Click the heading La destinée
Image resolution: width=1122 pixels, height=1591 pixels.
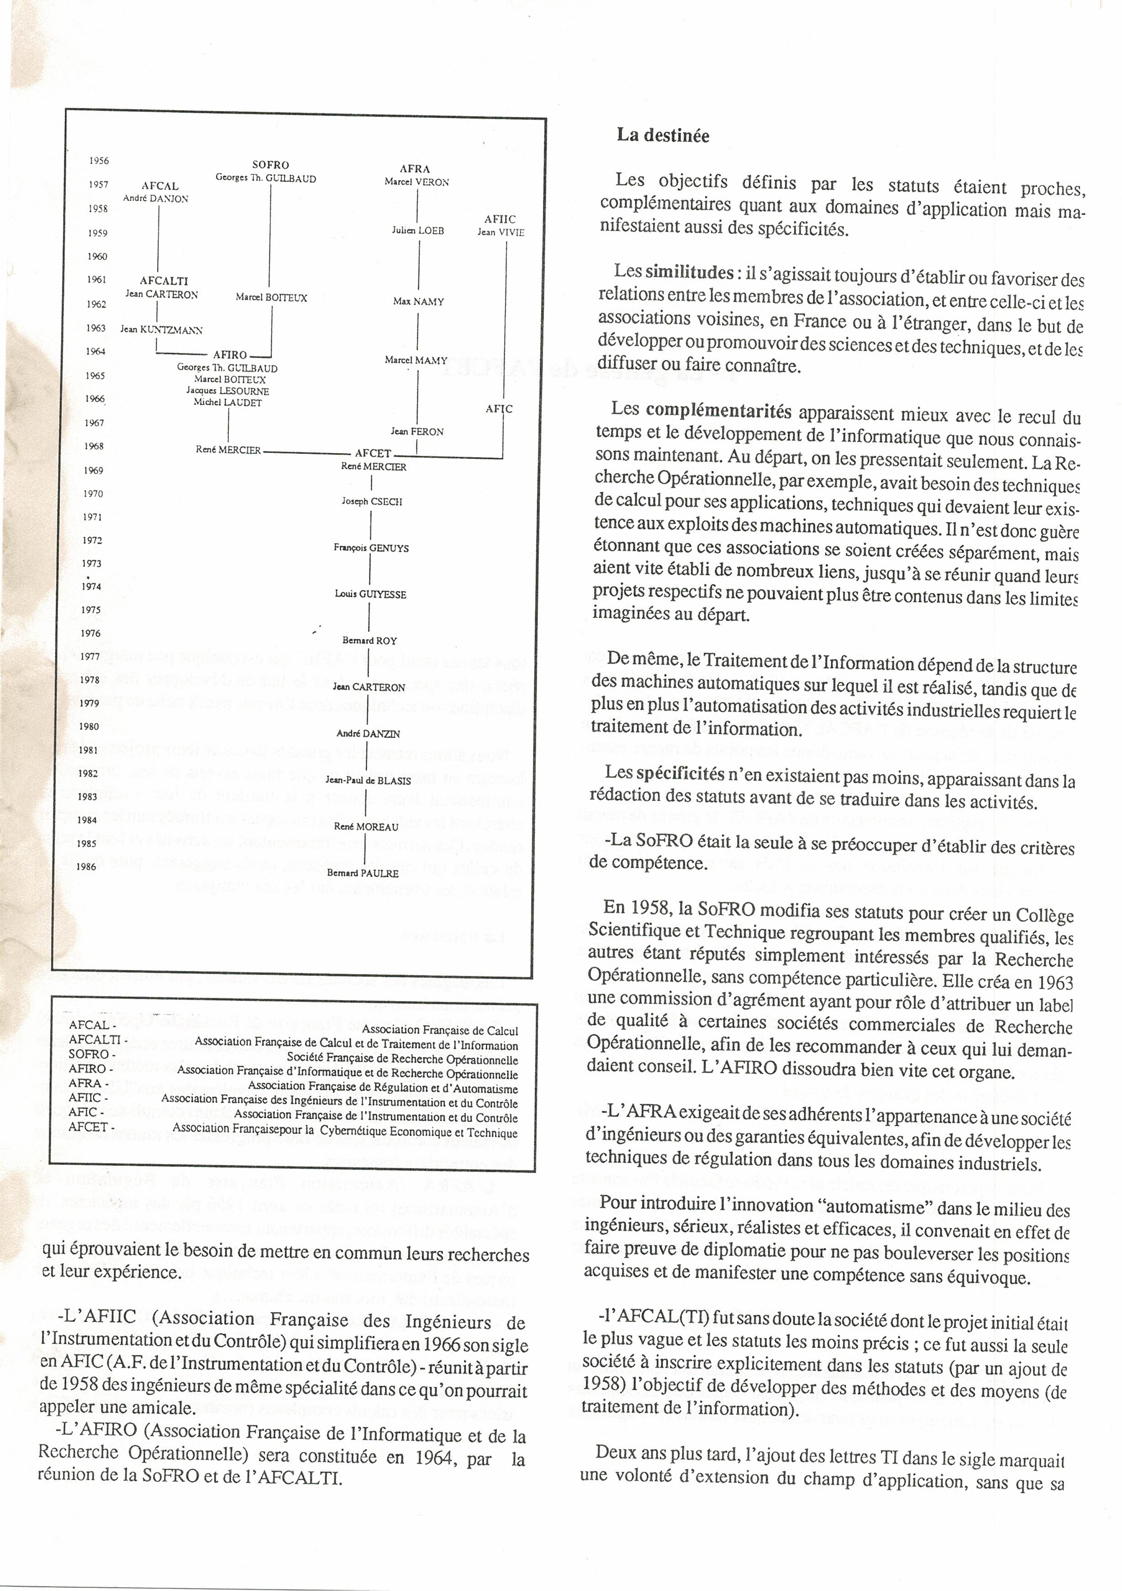663,135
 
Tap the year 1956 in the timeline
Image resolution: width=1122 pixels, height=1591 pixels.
99,161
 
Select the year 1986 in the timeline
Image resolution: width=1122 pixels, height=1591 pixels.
87,867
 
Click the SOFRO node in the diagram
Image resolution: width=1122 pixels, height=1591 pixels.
270,165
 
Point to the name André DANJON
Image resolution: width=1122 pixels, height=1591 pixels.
155,198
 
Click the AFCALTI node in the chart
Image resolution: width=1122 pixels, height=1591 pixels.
163,281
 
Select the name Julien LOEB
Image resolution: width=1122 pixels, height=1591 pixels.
417,230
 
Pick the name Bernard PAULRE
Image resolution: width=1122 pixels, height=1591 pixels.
363,873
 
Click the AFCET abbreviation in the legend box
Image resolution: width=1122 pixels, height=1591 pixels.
88,1127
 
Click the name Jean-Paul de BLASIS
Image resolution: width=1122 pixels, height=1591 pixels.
368,780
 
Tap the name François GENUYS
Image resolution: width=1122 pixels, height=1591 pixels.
371,548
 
